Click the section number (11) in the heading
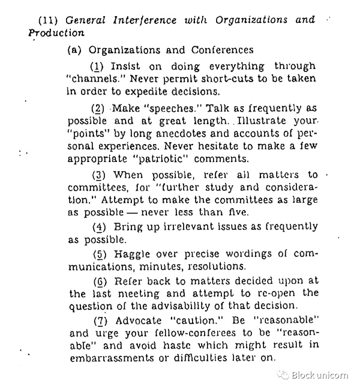[x=47, y=20]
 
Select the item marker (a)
[x=75, y=50]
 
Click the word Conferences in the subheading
[x=224, y=50]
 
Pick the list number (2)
[x=98, y=108]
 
